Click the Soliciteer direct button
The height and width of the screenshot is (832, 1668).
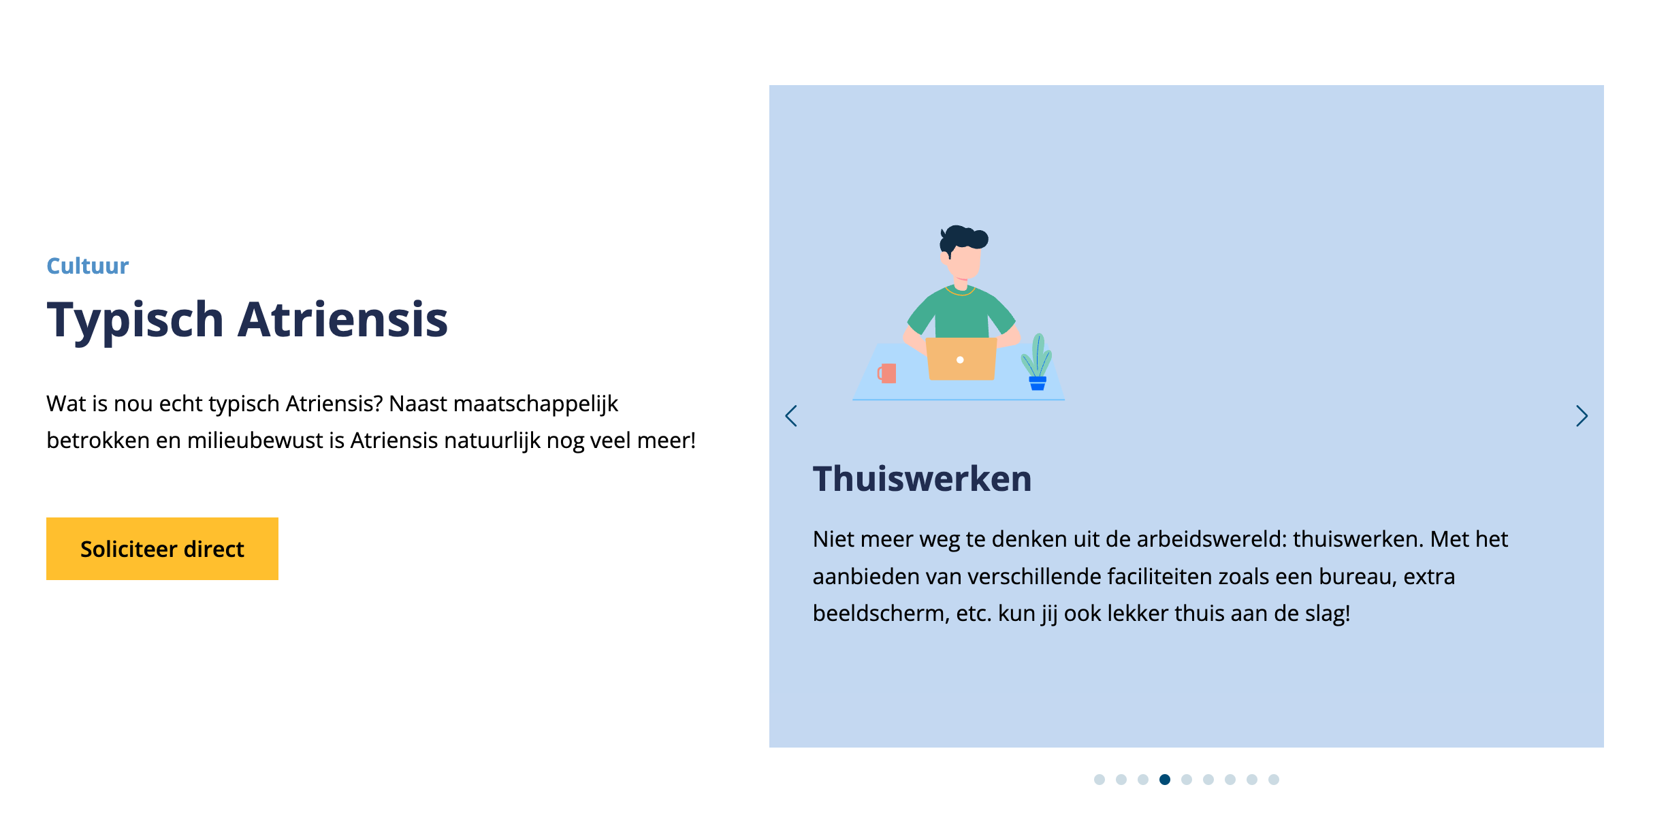click(x=162, y=549)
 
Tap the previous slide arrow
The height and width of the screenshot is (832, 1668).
click(x=791, y=416)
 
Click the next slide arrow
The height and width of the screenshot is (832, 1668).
click(x=1582, y=416)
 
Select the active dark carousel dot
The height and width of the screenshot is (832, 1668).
click(x=1165, y=780)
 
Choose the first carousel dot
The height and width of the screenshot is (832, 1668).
click(x=1100, y=780)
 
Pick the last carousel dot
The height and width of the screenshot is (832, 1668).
click(x=1274, y=780)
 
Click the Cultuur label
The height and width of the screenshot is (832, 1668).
click(x=88, y=266)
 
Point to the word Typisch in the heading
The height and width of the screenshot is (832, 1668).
click(x=135, y=320)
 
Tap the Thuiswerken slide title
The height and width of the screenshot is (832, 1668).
click(x=923, y=479)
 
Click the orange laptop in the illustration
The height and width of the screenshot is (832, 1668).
click(x=961, y=359)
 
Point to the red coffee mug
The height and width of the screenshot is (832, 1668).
click(x=887, y=373)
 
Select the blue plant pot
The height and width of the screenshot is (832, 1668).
click(x=1038, y=383)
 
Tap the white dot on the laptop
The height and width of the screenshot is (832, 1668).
click(x=960, y=359)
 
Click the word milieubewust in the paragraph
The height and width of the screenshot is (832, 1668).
click(x=255, y=441)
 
